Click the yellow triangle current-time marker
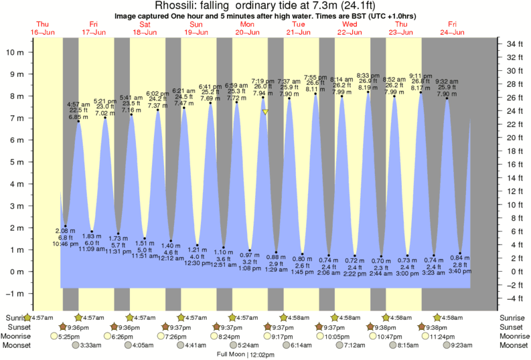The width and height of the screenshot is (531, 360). [266, 112]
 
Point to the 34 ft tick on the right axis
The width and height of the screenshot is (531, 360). [514, 44]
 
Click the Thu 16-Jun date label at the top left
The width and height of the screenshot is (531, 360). [42, 28]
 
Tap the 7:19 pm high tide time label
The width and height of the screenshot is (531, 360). [262, 81]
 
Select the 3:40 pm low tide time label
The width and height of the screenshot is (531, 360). [459, 270]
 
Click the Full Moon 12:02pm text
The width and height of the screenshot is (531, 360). [247, 353]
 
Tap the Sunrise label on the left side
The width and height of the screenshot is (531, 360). [13, 317]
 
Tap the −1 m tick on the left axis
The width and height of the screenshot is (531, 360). [15, 294]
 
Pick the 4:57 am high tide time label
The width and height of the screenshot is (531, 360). [78, 104]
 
